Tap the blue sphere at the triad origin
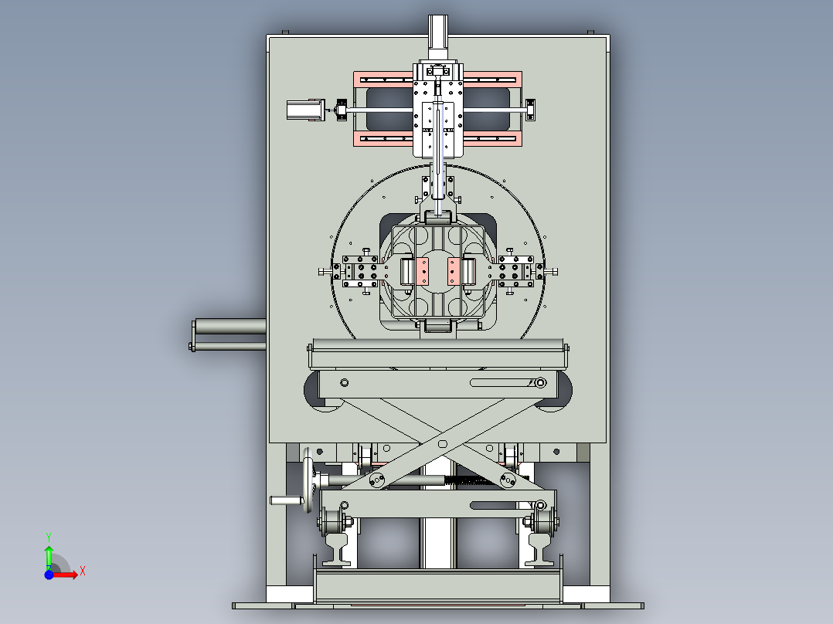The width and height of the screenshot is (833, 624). [49, 575]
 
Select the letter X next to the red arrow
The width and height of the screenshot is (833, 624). [83, 571]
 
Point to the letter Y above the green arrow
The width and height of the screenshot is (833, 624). [49, 537]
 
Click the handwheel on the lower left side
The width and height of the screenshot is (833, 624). [308, 480]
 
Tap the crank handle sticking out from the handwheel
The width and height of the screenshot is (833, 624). [287, 500]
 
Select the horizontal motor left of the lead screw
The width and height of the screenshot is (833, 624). [305, 110]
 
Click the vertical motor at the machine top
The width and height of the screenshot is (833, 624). [437, 37]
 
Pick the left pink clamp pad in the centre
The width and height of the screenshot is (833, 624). [423, 271]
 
